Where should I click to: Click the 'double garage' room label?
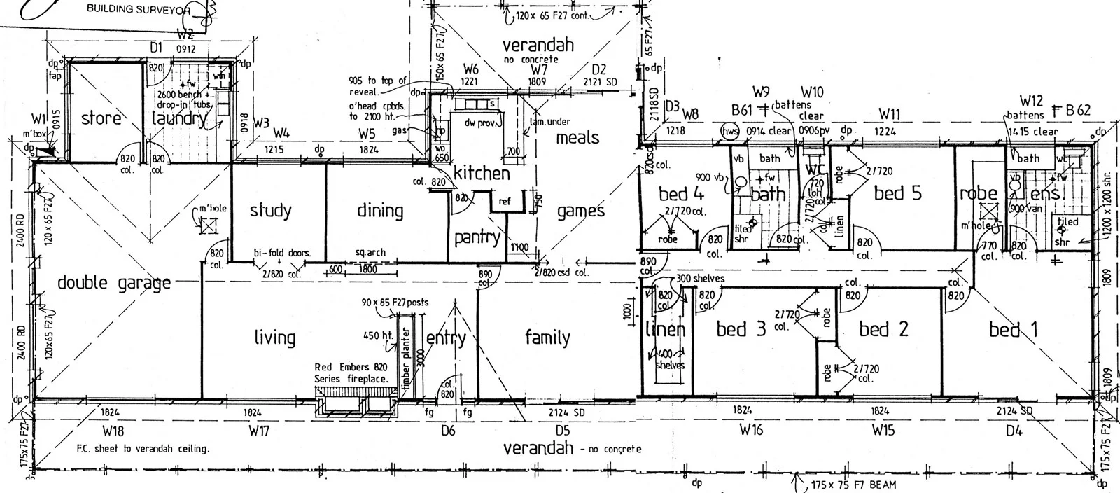(114, 283)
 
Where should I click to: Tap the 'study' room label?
(270, 210)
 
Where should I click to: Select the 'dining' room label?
(380, 210)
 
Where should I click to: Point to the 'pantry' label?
(478, 237)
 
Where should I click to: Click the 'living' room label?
(274, 338)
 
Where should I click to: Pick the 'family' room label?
(547, 338)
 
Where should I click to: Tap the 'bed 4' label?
(681, 194)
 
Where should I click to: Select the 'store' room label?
(101, 118)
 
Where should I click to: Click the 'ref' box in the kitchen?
(505, 202)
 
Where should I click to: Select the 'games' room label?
(581, 210)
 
